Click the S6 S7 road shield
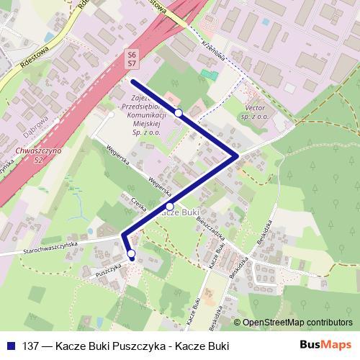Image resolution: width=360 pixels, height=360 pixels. point(132,58)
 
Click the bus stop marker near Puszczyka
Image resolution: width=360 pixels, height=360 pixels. point(131,253)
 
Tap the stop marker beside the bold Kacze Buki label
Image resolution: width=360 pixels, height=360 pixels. point(169,206)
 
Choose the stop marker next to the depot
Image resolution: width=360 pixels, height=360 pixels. point(178,113)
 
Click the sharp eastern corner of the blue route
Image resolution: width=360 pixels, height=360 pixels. point(237,155)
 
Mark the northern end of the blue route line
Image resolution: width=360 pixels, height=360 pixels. point(133,81)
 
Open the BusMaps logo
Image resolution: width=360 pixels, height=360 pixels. point(326,345)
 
